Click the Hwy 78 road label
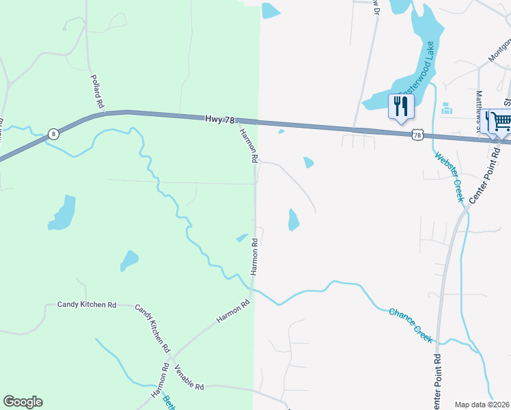tap(219, 119)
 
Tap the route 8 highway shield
tap(54, 134)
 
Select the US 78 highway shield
tap(417, 136)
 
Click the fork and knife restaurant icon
tap(400, 107)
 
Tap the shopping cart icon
tap(501, 122)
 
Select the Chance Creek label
tap(411, 324)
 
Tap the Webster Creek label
tap(450, 176)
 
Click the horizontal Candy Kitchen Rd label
tap(87, 305)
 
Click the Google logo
tap(23, 402)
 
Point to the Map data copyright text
tap(482, 405)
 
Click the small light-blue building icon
tap(447, 109)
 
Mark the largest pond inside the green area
tap(61, 213)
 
